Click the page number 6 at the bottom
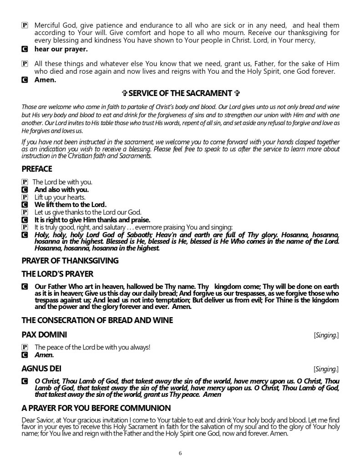(180, 453)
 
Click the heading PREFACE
(37, 169)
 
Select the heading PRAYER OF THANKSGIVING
(70, 261)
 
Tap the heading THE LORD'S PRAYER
(57, 274)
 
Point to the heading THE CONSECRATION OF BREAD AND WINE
(97, 320)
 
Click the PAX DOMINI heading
(44, 335)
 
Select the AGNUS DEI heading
(41, 367)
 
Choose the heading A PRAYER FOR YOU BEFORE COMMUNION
(96, 408)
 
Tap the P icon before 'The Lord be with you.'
(25, 182)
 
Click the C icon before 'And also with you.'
(25, 189)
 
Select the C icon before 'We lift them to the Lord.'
(25, 204)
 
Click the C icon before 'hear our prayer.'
(25, 49)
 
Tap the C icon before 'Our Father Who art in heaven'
(25, 287)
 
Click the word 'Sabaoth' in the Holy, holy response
(122, 234)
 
